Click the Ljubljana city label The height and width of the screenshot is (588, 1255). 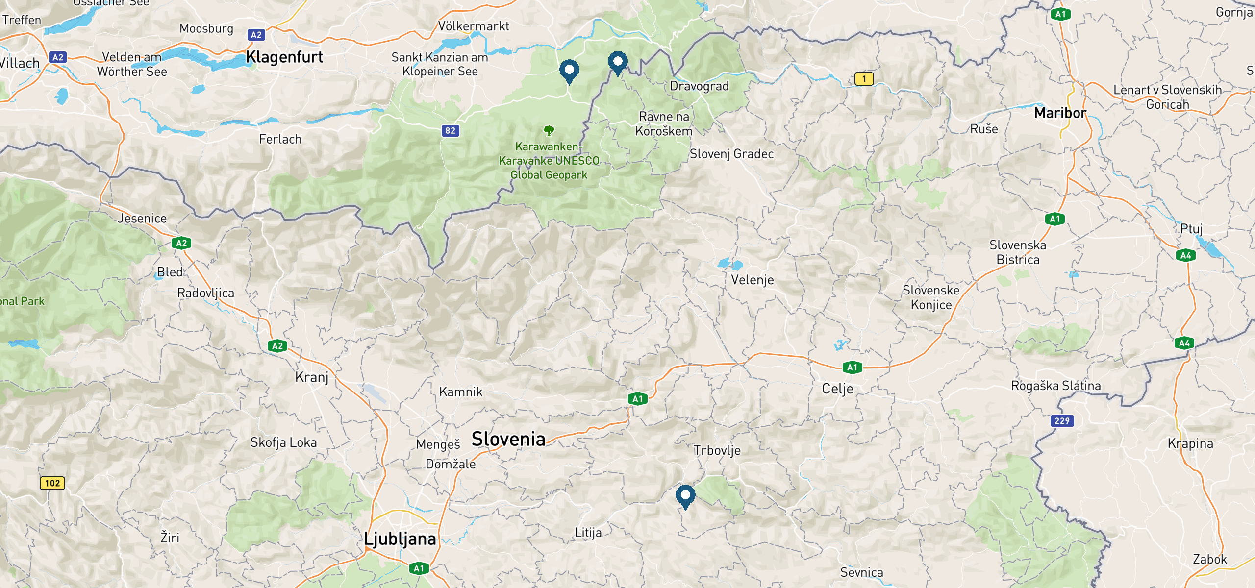[x=400, y=539]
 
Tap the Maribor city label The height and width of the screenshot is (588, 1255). [x=1060, y=113]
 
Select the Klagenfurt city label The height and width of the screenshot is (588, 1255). [x=284, y=57]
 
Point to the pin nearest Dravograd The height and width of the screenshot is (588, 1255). [x=617, y=62]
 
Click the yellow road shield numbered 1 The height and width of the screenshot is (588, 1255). [x=864, y=78]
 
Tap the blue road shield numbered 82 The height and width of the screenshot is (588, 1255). [x=450, y=131]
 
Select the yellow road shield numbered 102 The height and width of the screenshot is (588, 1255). [x=52, y=483]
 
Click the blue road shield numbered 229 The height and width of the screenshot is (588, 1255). [x=1062, y=421]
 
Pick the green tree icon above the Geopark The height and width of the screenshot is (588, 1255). [x=549, y=131]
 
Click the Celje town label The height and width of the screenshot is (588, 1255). [x=837, y=389]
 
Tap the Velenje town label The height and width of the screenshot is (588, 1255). [x=752, y=280]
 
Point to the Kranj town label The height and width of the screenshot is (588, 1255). [x=312, y=377]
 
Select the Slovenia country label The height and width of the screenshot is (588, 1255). [x=508, y=439]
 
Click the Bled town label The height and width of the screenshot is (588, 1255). [x=170, y=272]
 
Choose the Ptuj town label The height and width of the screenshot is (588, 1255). [x=1191, y=229]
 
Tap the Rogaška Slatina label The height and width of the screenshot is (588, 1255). [x=1056, y=386]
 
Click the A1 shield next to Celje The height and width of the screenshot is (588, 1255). [x=852, y=367]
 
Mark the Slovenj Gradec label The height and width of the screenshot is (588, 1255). [x=731, y=154]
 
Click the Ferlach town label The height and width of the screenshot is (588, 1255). [x=280, y=140]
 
